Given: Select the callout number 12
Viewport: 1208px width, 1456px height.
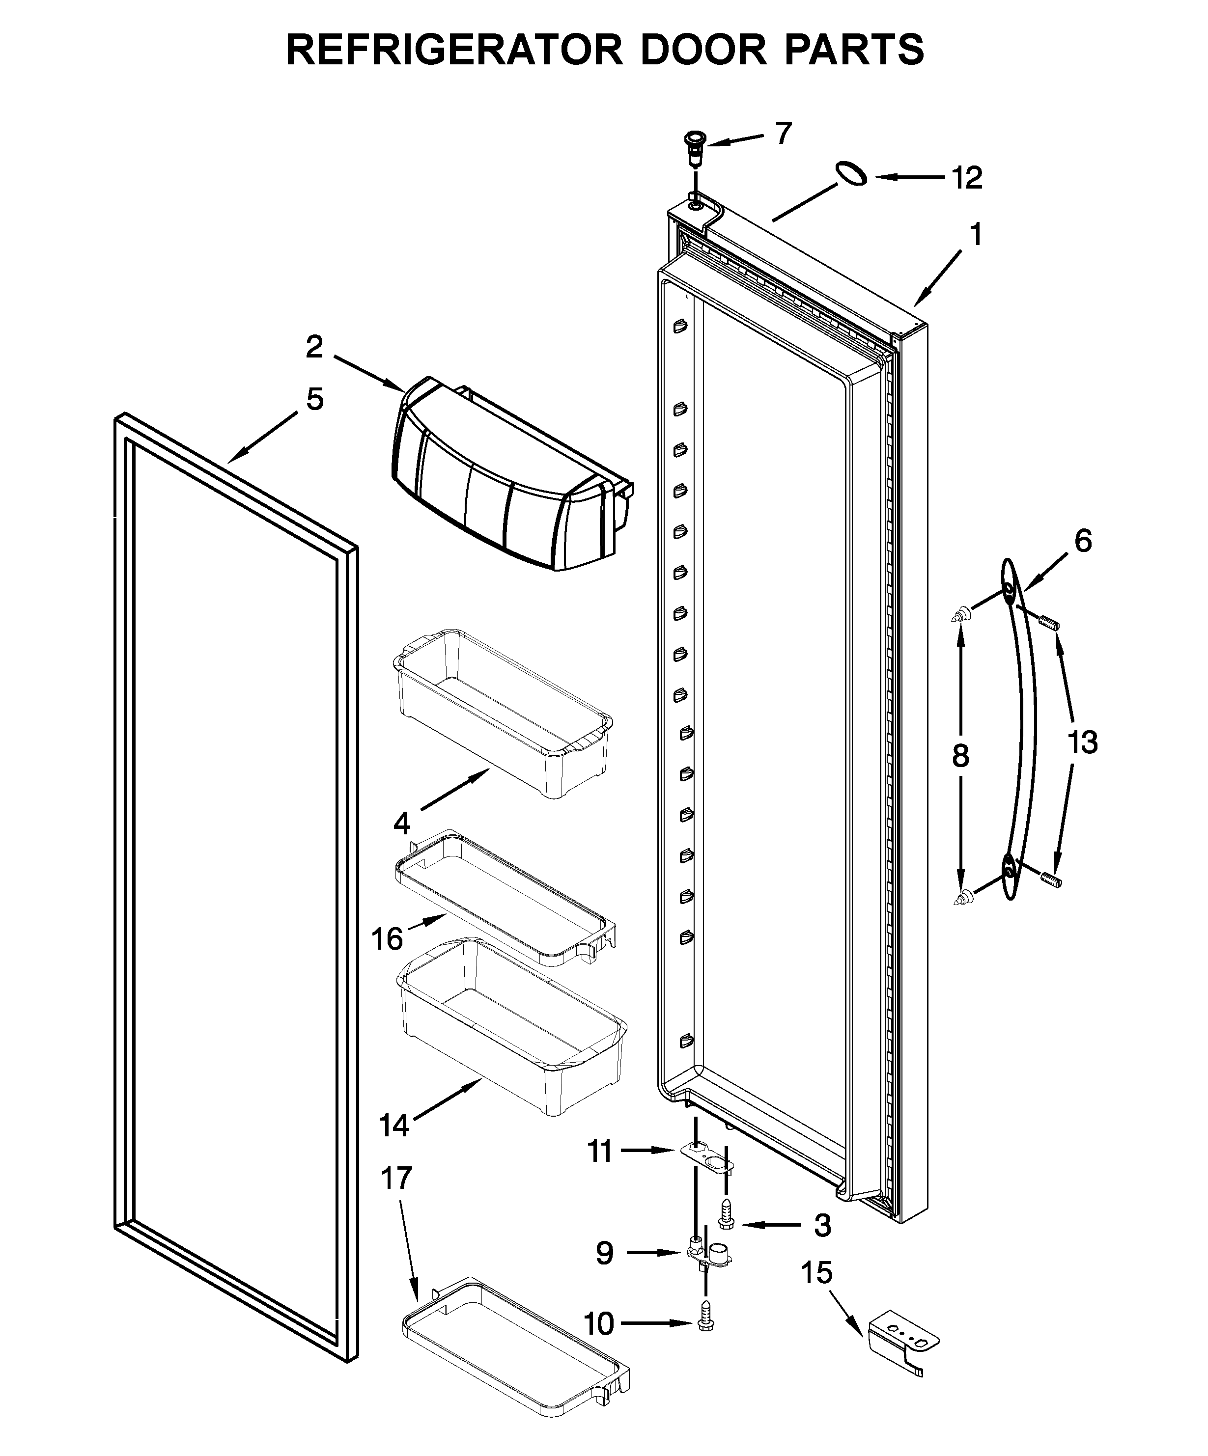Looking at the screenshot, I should (x=967, y=178).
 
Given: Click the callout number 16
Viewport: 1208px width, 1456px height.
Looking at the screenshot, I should (x=386, y=939).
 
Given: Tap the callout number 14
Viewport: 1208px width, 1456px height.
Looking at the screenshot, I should (x=394, y=1125).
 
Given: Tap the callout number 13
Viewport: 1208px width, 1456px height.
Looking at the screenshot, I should (x=1083, y=742).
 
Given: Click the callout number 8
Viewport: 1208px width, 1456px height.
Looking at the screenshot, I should (x=960, y=756).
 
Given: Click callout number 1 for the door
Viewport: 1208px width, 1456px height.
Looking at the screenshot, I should (x=975, y=236).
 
